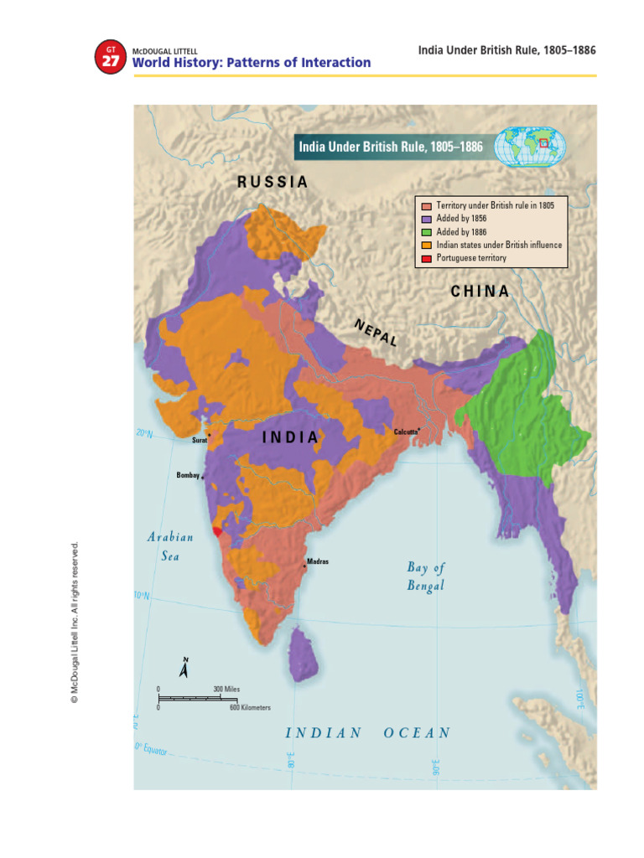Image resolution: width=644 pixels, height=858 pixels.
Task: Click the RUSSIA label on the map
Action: coord(273,182)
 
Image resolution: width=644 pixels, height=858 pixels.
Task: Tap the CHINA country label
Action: coord(480,292)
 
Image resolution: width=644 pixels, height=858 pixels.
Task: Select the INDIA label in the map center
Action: coord(291,437)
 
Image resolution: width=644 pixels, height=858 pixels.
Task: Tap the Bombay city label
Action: coord(188,475)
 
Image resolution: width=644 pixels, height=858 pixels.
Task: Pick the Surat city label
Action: coord(200,439)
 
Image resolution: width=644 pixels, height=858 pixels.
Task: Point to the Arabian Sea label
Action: coord(171,546)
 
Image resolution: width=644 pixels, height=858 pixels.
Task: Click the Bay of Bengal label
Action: coord(426,576)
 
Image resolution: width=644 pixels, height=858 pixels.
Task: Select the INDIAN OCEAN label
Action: coord(367,732)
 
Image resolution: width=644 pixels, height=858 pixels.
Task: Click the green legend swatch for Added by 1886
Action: coord(426,232)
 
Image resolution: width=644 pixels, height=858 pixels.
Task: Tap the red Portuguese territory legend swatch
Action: coord(426,259)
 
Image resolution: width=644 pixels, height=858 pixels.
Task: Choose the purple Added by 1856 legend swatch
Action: coord(426,219)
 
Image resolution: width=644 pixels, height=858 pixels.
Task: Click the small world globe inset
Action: coord(530,147)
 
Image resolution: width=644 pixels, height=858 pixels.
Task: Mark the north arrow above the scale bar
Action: coord(184,668)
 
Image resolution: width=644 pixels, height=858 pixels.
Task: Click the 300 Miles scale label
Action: coord(226,689)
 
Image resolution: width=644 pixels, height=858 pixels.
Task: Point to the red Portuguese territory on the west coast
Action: coord(219,530)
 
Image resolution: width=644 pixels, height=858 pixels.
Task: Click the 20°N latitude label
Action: coord(144,433)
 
